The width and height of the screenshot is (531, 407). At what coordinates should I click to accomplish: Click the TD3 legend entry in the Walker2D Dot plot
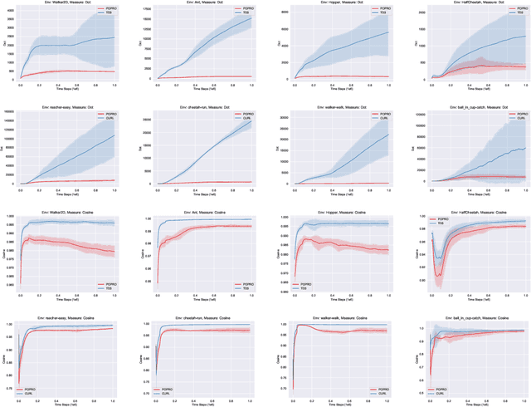click(108, 15)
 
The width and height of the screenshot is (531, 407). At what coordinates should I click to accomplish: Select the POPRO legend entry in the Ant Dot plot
click(241, 10)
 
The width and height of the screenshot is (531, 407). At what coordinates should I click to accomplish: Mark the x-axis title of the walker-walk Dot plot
click(332, 191)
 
